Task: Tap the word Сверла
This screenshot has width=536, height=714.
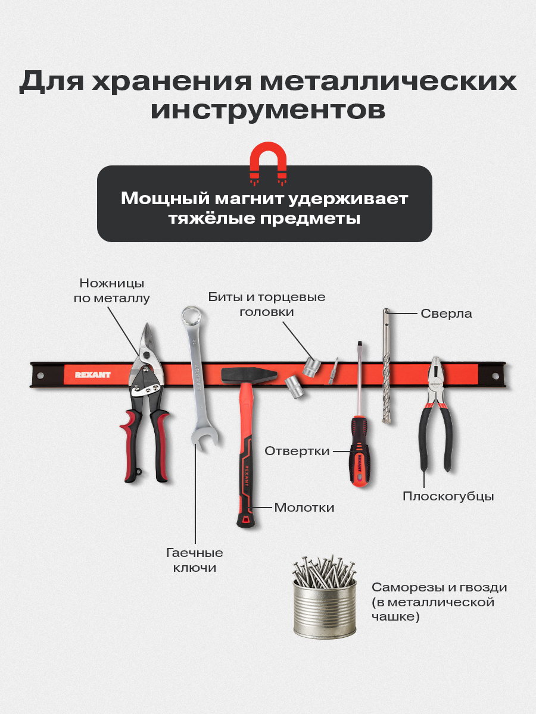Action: point(446,314)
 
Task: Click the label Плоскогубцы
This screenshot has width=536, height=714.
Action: point(448,496)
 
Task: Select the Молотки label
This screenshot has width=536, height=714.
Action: point(304,508)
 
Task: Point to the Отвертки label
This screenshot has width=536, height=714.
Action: point(297,451)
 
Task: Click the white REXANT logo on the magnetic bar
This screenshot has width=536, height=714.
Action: point(93,375)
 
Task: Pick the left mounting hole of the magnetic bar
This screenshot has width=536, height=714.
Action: point(40,375)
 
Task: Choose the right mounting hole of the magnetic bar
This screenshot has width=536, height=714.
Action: point(495,376)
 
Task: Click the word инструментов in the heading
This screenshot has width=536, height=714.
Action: point(267,110)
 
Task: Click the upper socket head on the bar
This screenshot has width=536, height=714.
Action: point(311,366)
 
